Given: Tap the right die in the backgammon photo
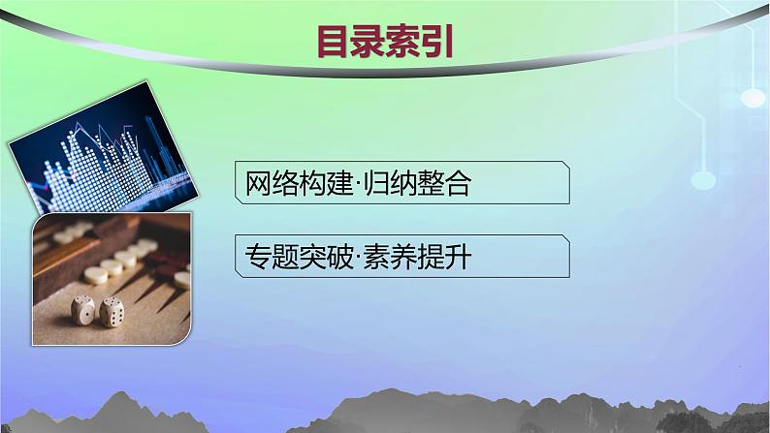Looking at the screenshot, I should click(x=112, y=311).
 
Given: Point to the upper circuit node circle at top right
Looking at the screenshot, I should click(x=753, y=96).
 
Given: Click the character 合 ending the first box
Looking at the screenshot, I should click(x=457, y=185).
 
